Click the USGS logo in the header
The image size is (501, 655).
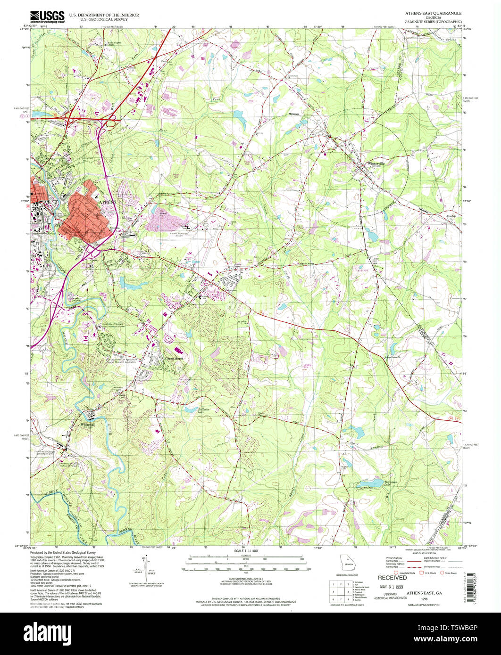47,17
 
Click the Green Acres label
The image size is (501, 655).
173,359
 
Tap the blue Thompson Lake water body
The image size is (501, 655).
370,484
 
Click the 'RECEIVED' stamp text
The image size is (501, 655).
392,577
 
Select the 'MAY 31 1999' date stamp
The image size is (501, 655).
392,588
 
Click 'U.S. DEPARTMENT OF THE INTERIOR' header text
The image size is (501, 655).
104,15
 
